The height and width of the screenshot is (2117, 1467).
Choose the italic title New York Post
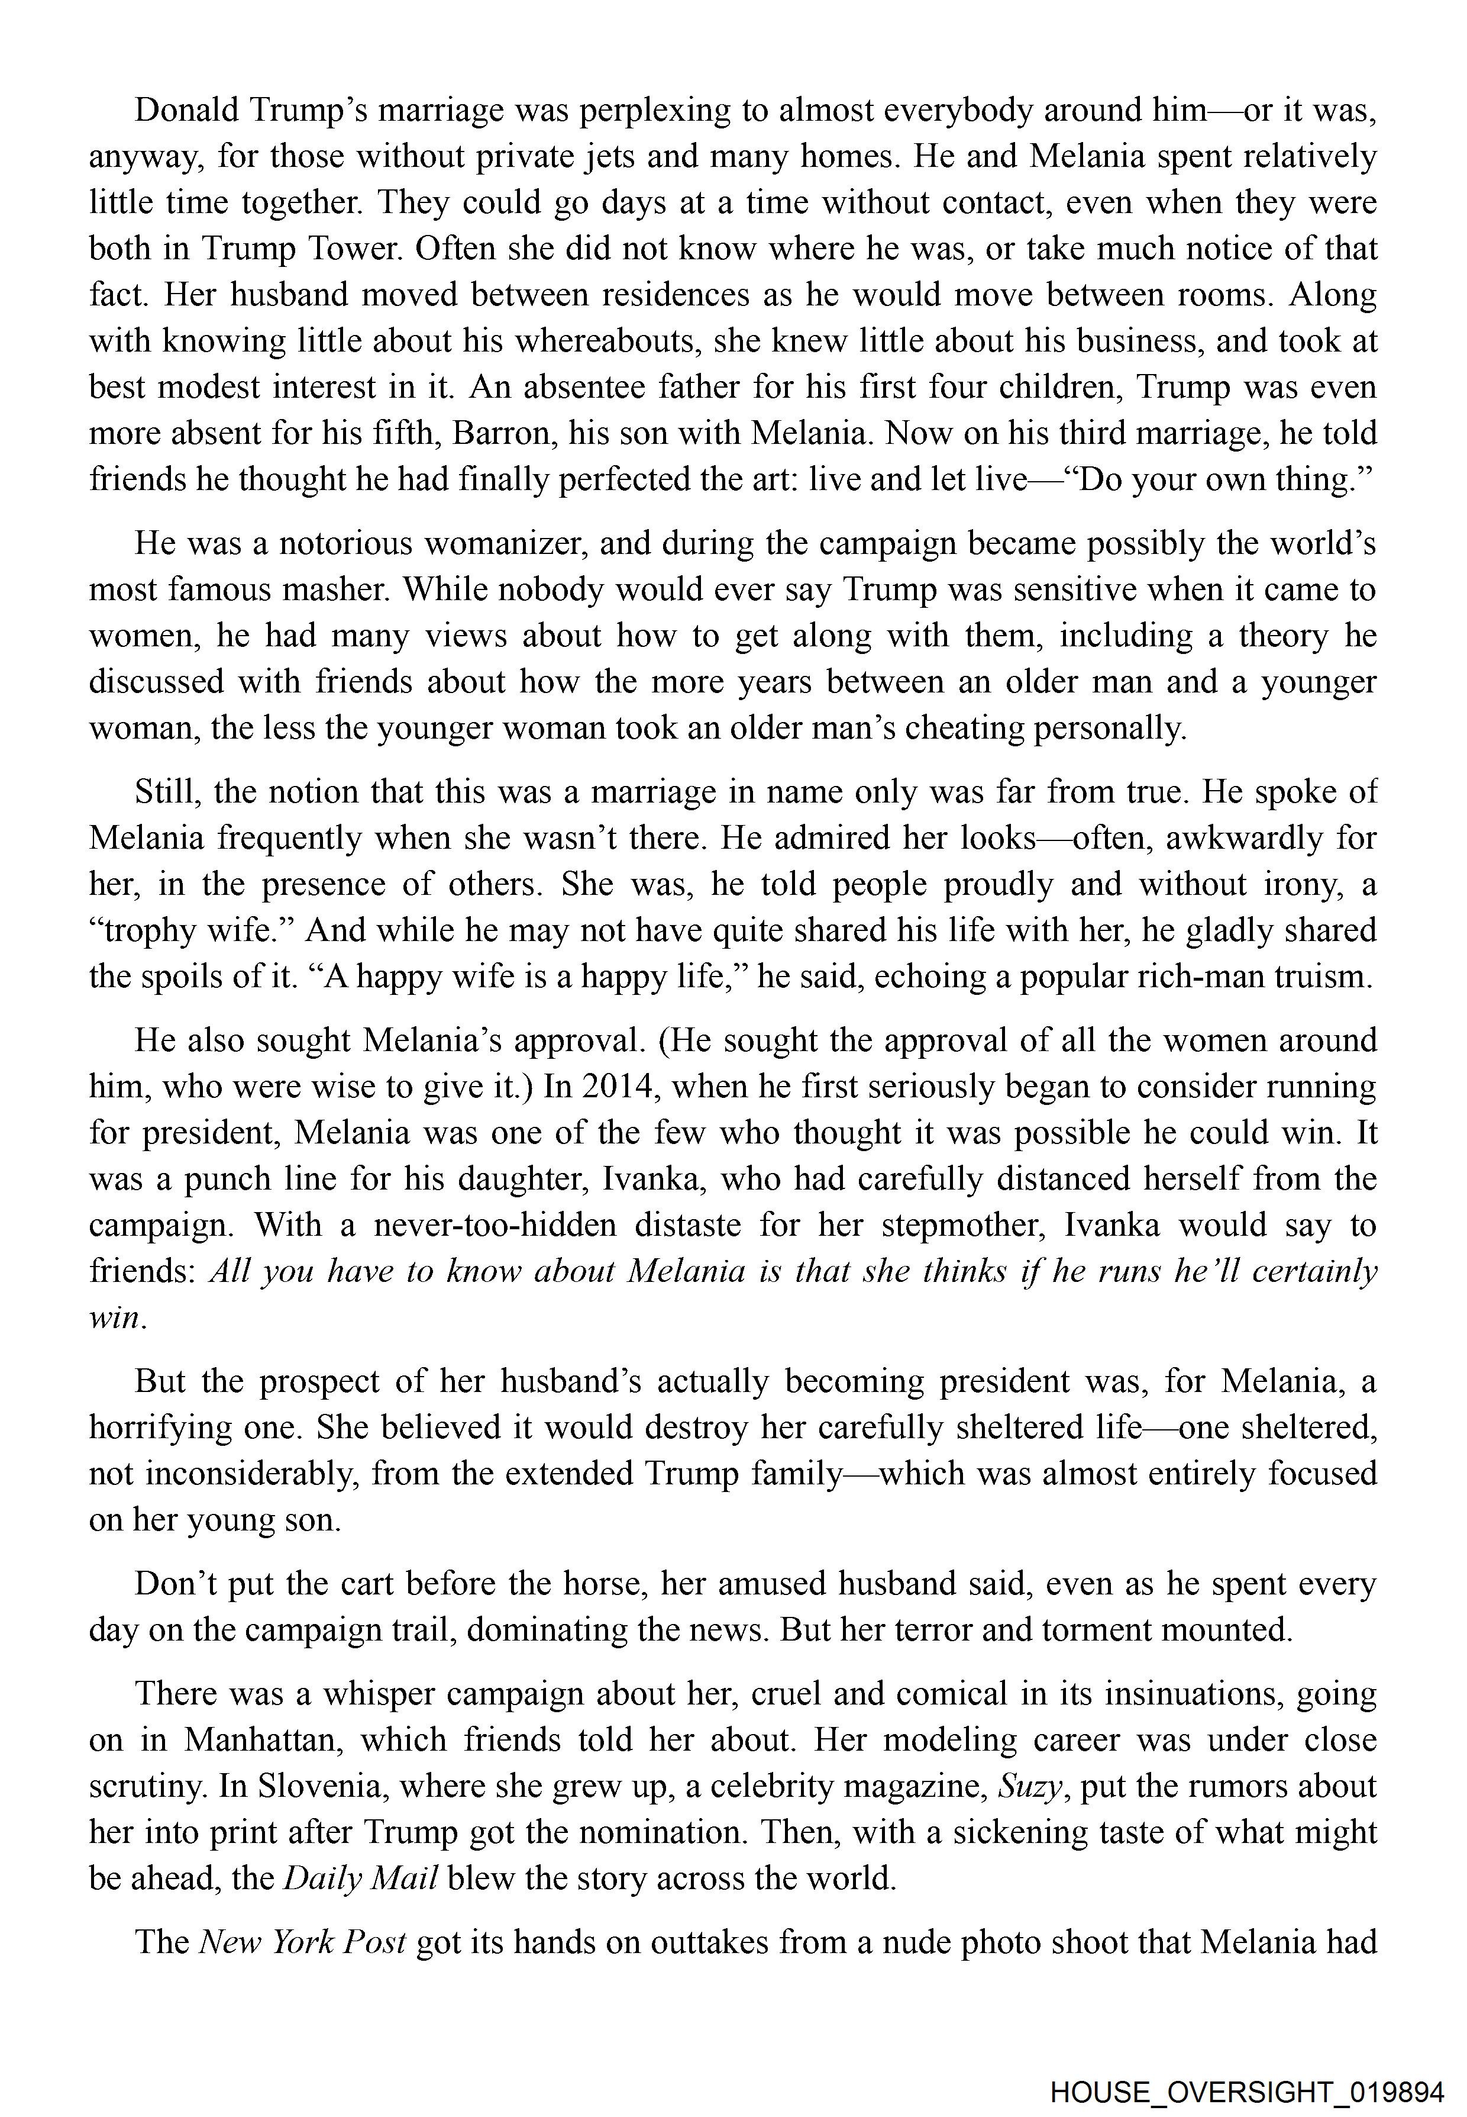pyautogui.click(x=302, y=1942)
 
